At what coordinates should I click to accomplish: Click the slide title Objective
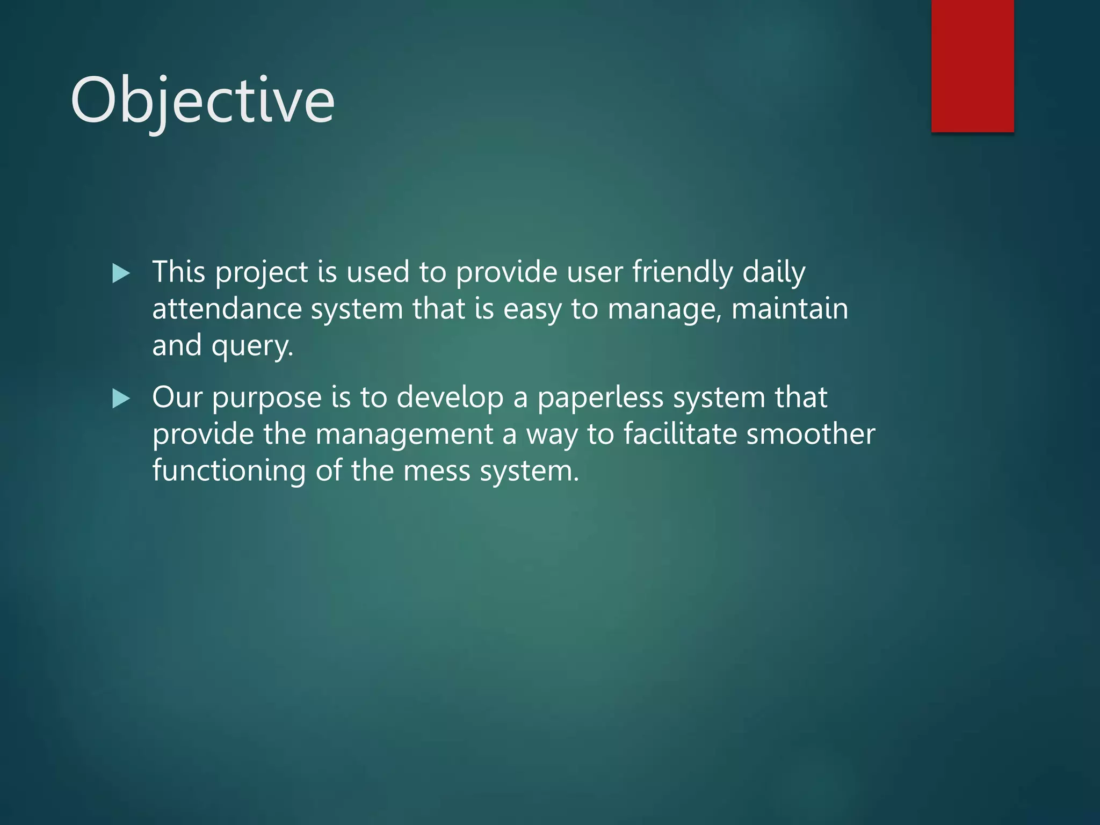coord(202,100)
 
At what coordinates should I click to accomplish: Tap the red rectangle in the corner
coord(972,66)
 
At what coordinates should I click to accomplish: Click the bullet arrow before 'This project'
coord(121,273)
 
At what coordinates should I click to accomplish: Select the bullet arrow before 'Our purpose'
coord(121,399)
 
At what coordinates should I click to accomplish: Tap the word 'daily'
coord(773,272)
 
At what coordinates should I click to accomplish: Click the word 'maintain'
coord(790,309)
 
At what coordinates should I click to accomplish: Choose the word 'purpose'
coord(266,399)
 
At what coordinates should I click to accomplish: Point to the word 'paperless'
coord(600,398)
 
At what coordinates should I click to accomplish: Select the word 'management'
coord(404,435)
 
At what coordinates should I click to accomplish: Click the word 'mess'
coord(436,471)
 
